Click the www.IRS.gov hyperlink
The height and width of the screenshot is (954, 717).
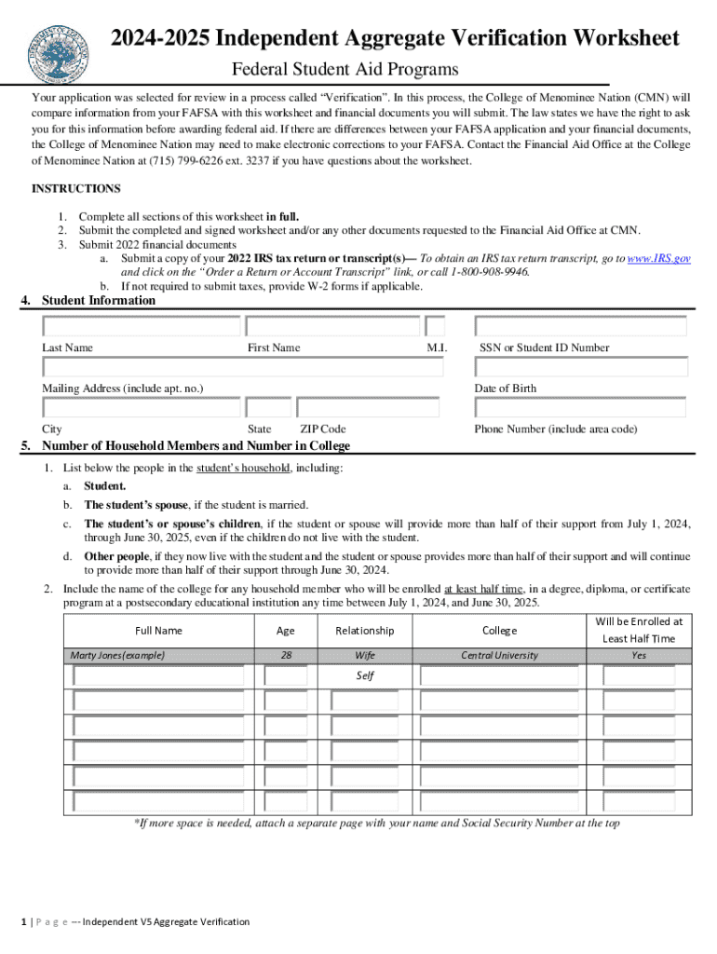coord(658,258)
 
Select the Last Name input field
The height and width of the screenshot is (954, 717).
coord(141,327)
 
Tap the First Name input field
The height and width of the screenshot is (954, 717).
coord(331,327)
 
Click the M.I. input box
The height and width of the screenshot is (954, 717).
coord(435,327)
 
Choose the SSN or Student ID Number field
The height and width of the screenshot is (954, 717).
coord(580,327)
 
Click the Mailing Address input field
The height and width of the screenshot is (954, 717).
coord(242,367)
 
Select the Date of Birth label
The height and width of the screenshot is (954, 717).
coord(505,388)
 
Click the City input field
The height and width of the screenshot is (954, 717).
coord(141,408)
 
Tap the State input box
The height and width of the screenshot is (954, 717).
coord(269,408)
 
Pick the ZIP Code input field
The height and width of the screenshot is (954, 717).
coord(367,408)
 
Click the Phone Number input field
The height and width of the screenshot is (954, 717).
coord(580,408)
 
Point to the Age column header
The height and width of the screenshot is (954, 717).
coord(286,631)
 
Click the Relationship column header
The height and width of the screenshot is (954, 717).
coord(365,631)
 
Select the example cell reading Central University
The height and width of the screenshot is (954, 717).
coord(499,655)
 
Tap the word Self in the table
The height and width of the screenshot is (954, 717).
coord(365,675)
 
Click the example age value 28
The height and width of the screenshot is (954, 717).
coord(286,655)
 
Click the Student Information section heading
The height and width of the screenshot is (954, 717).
coord(99,301)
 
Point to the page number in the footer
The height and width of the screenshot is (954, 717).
coord(24,921)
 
